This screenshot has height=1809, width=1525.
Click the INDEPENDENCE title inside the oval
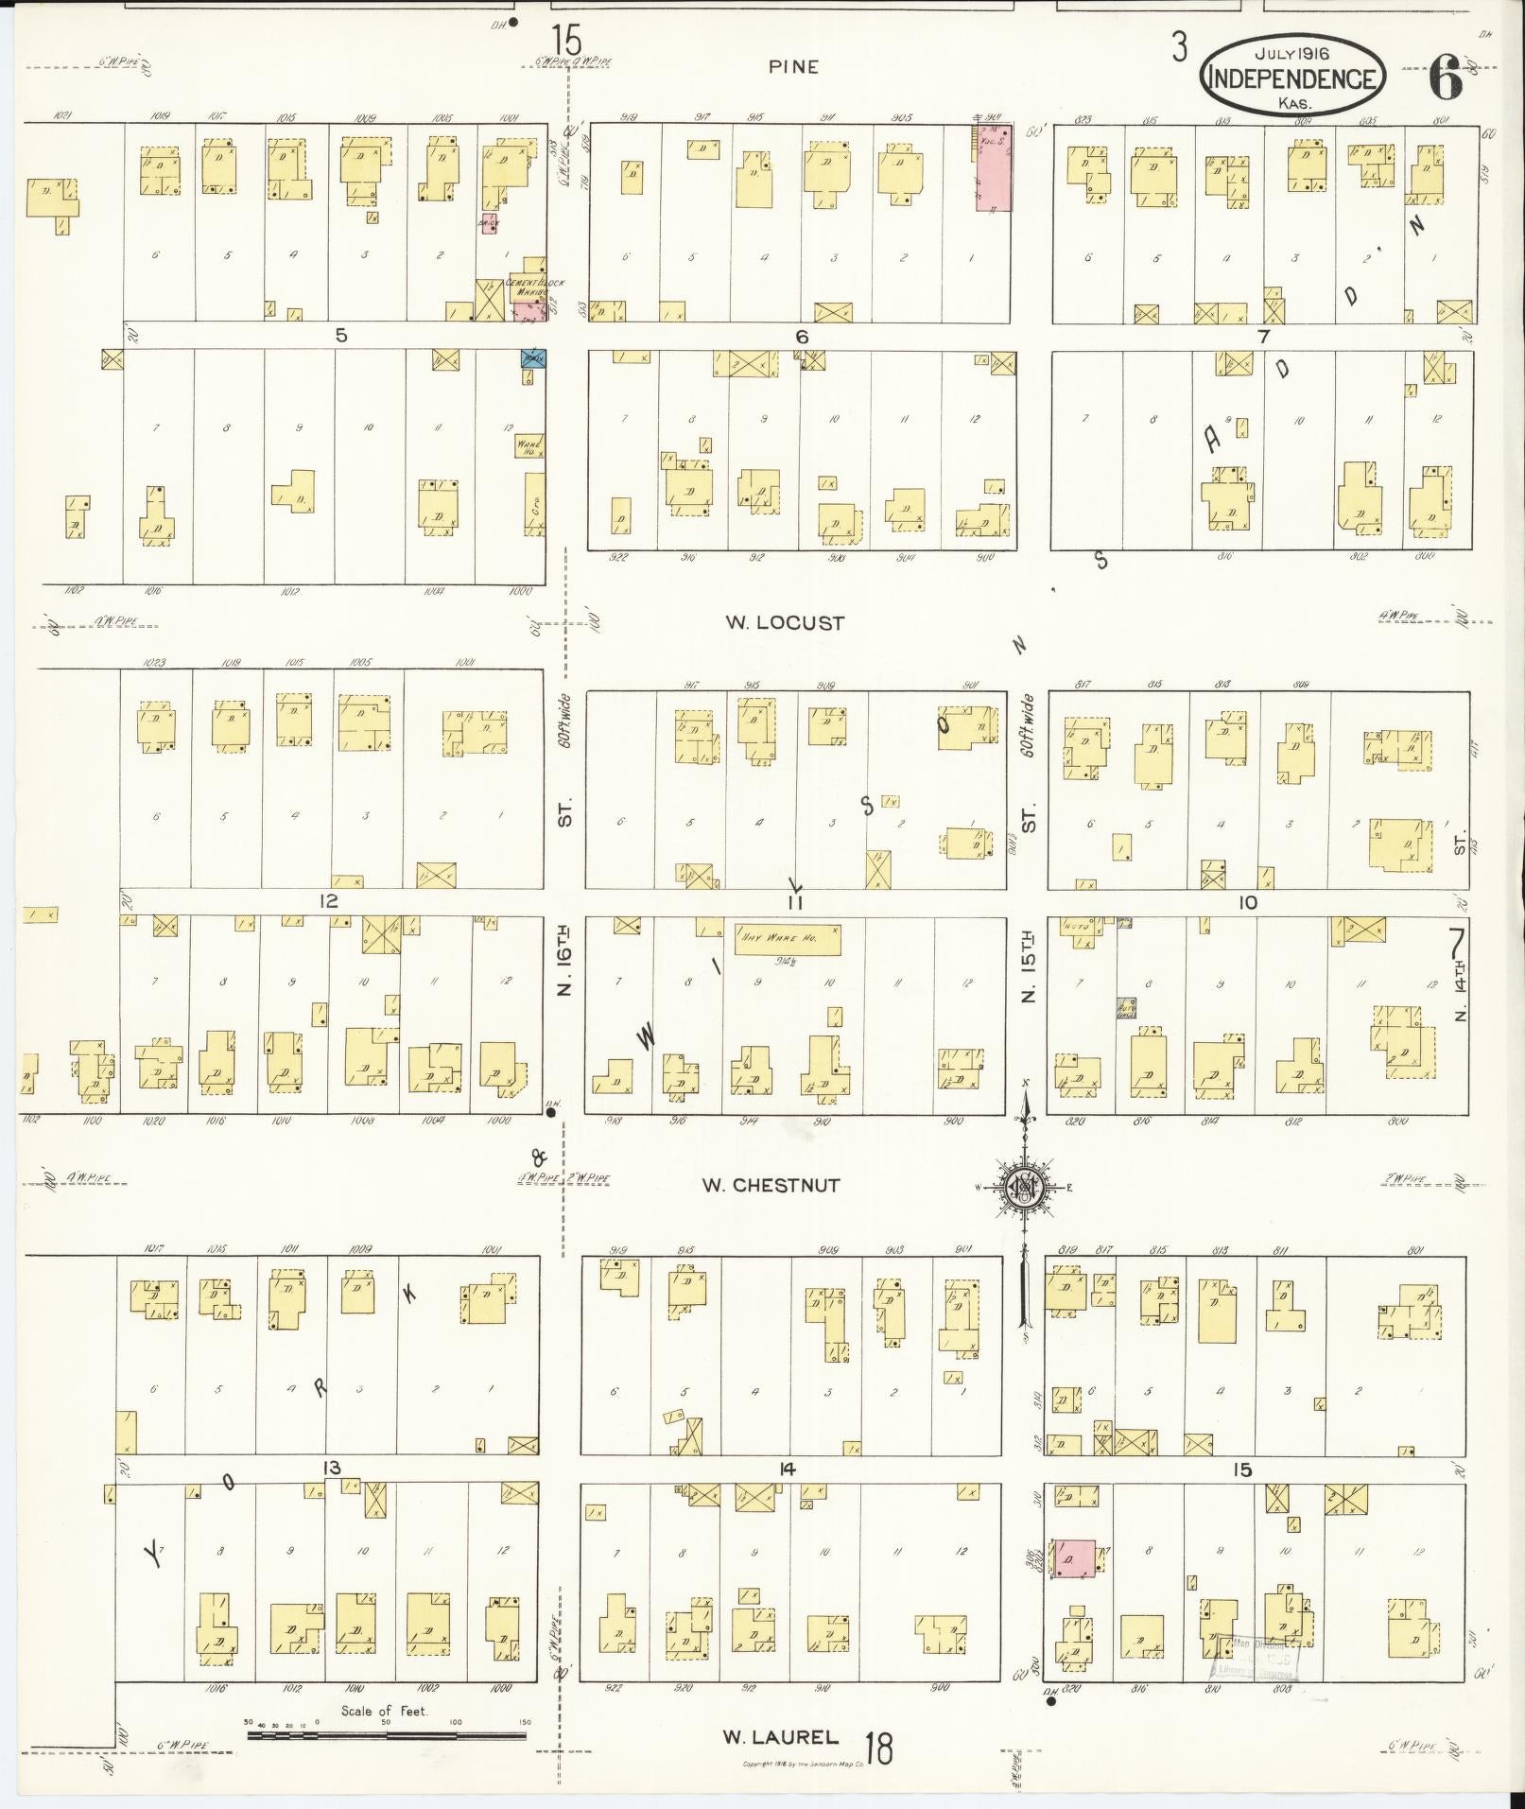pos(1292,78)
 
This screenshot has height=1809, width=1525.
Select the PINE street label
pos(793,67)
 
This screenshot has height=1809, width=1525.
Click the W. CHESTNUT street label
pos(771,1185)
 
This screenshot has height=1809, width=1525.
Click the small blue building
pos(533,358)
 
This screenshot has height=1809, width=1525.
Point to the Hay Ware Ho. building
pos(788,939)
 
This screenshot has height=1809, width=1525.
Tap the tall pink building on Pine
pos(994,167)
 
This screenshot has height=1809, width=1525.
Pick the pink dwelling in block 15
pos(1073,1557)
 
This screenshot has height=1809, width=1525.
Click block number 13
pos(331,1467)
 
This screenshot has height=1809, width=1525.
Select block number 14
pos(787,1469)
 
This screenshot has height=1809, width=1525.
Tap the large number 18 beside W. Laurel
pos(878,1748)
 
